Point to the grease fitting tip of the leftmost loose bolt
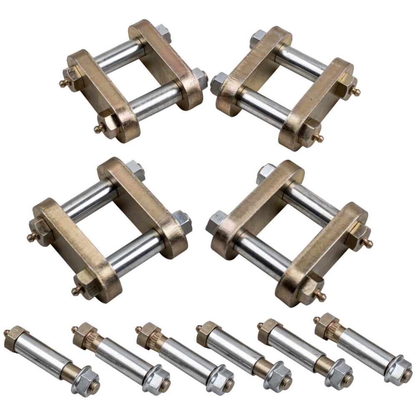click(x=7, y=332)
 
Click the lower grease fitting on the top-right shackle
click(x=319, y=138)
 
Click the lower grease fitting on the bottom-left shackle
click(x=75, y=291)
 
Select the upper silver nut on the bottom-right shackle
click(x=266, y=172)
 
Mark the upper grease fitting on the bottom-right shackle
click(x=369, y=244)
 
